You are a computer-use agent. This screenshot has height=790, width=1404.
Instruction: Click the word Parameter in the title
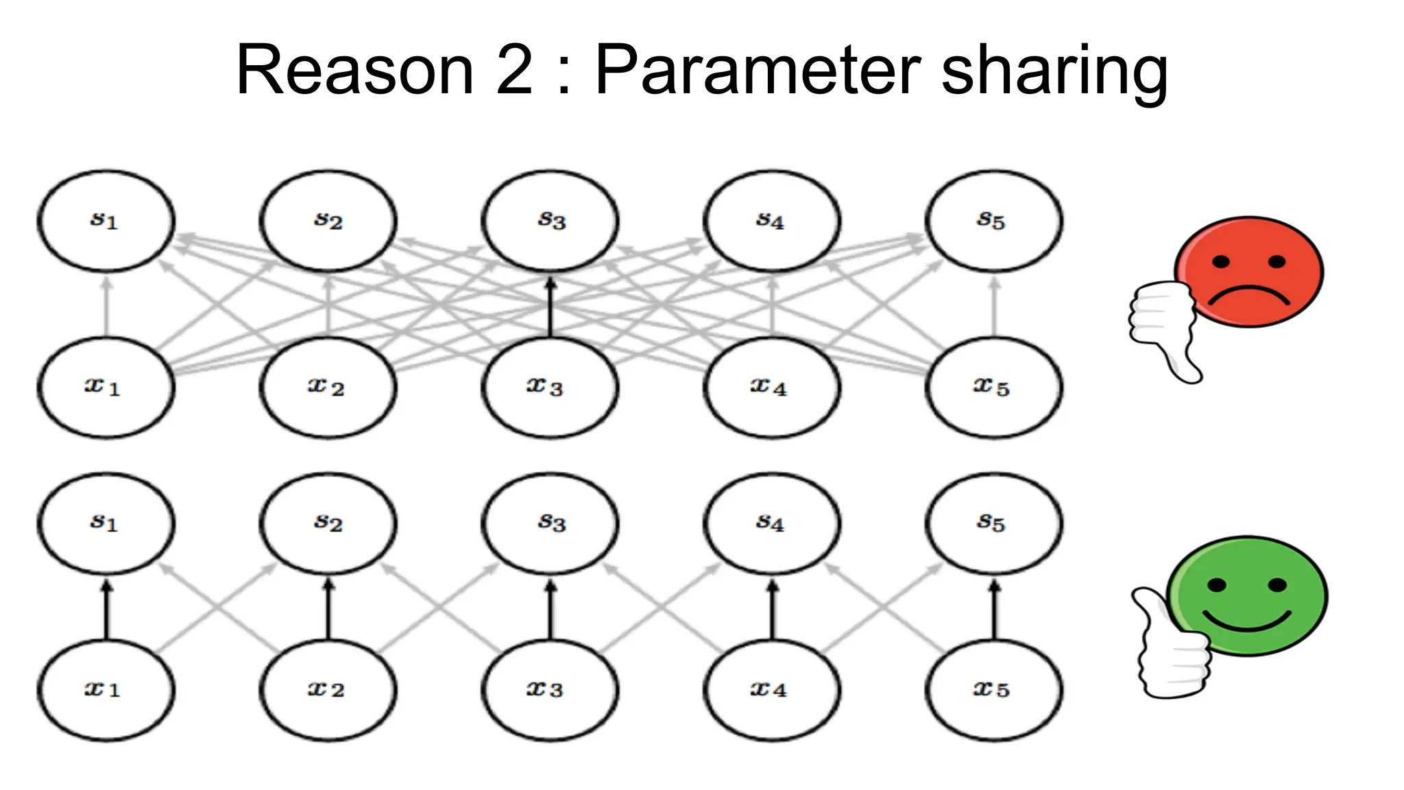click(758, 70)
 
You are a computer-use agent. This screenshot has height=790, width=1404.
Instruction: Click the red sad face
click(1250, 272)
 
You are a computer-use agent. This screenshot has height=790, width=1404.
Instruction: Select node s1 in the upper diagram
click(106, 221)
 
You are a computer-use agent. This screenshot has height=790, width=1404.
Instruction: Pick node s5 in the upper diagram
click(994, 221)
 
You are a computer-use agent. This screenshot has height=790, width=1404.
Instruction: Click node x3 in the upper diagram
click(550, 387)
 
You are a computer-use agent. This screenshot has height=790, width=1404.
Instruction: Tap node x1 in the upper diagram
click(106, 387)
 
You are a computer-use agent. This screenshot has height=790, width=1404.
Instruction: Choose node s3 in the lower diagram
click(550, 523)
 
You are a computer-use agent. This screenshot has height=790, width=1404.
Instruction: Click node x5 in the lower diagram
click(994, 690)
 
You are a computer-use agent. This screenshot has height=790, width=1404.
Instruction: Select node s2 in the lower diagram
click(328, 523)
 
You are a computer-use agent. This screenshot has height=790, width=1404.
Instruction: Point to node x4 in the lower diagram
click(772, 690)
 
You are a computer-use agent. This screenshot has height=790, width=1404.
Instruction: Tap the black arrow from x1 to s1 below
click(106, 609)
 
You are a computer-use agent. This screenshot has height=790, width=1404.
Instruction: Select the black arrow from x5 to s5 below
click(994, 609)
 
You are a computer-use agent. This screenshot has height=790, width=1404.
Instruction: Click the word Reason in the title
click(355, 70)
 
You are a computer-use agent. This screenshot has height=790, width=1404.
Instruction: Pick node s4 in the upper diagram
click(772, 221)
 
